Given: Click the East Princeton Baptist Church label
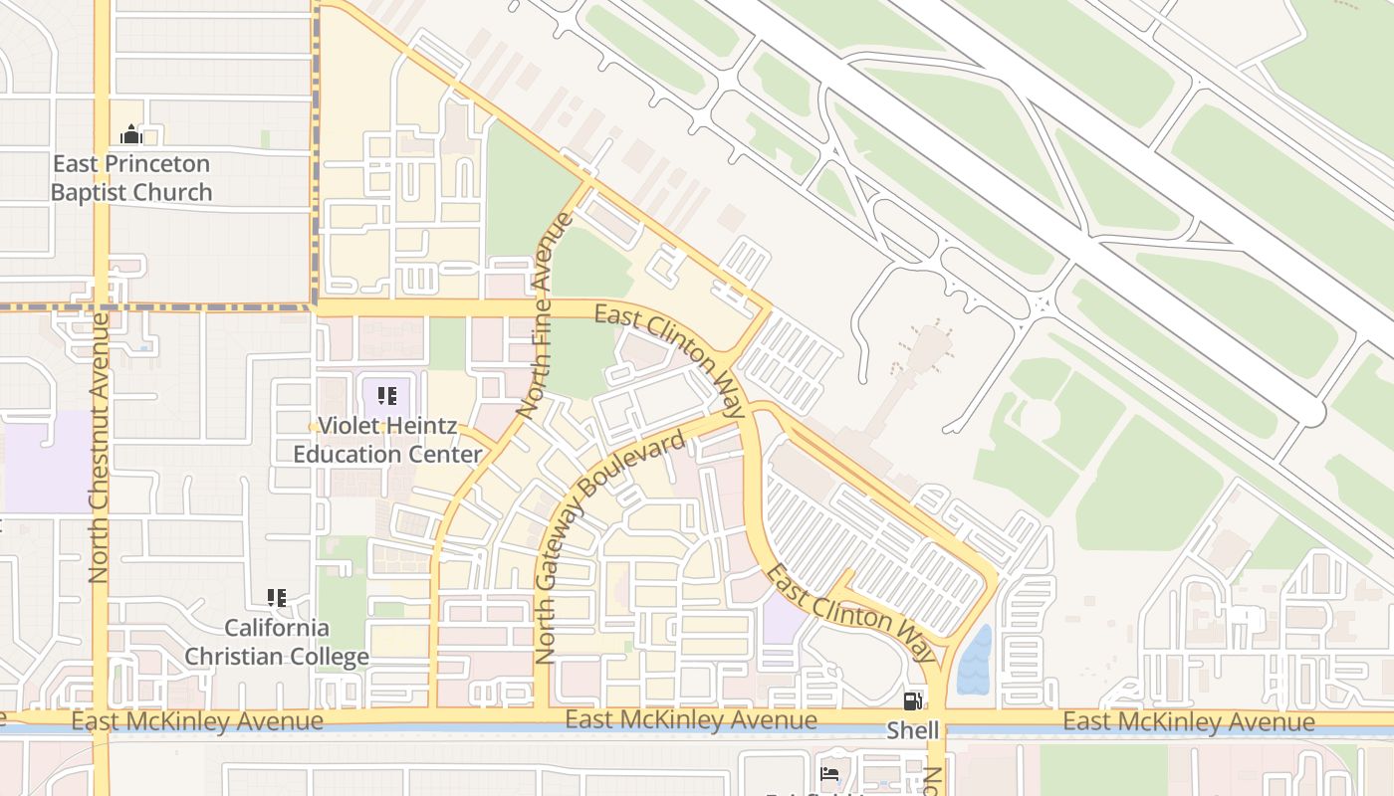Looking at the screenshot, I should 131,178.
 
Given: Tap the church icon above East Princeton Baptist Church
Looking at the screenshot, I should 131,134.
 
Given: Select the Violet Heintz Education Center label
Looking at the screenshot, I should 387,440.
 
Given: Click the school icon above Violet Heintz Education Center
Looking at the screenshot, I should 387,397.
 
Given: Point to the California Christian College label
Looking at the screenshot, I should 277,642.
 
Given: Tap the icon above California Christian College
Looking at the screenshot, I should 277,598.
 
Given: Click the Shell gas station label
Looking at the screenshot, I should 913,731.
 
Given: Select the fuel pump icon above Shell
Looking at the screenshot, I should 913,700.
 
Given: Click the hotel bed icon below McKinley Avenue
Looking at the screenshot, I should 828,774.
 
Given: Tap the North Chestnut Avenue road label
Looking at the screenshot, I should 99,448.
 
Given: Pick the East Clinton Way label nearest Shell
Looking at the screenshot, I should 853,612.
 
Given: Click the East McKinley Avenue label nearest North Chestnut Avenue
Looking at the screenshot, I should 197,720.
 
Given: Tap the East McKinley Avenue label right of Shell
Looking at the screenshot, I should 1189,721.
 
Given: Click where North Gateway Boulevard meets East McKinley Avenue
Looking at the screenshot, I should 543,716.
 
